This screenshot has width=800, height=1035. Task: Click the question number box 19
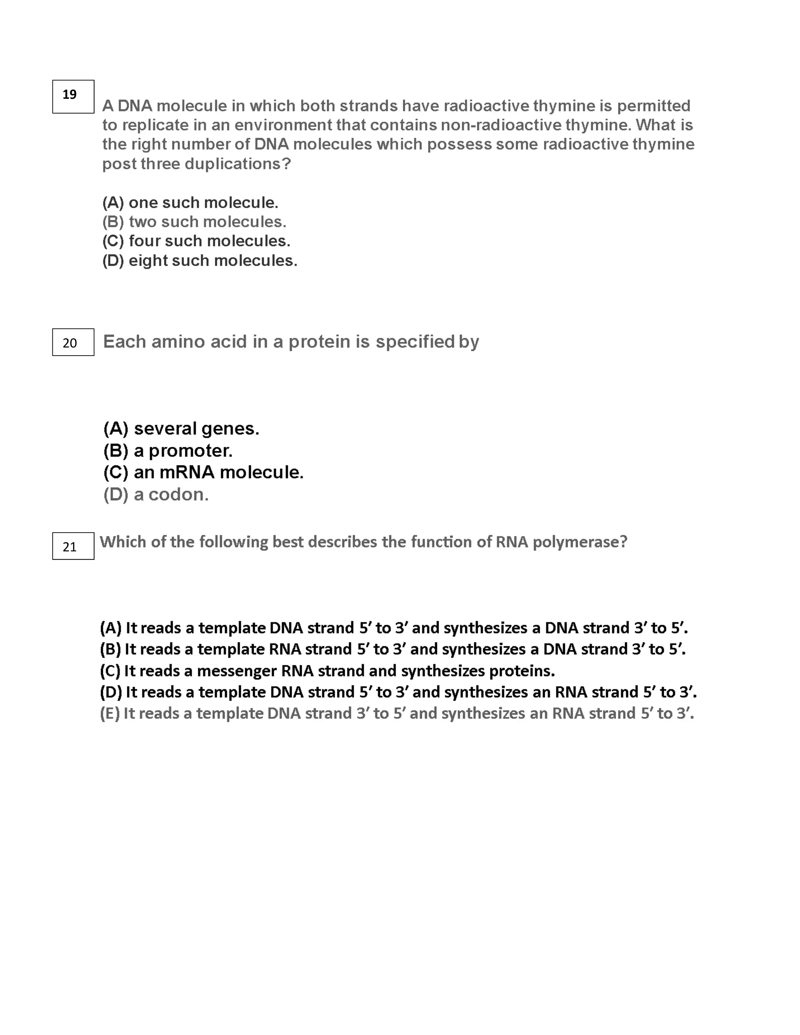pos(73,97)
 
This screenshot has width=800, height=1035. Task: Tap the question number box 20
pos(73,342)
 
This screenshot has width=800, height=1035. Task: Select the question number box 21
pos(73,546)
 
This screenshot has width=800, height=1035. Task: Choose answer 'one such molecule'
pos(190,203)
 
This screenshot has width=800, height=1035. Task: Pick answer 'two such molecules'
pos(194,222)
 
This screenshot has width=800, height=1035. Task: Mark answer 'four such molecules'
pos(196,241)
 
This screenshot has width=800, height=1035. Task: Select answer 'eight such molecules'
pos(200,261)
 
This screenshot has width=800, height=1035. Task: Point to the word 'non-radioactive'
pos(501,125)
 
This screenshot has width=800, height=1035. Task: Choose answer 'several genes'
pos(181,428)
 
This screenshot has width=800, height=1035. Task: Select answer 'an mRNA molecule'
pos(203,472)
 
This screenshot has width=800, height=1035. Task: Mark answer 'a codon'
pos(156,495)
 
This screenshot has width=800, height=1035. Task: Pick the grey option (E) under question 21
pos(397,713)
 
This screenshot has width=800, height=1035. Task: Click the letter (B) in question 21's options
pos(110,649)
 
